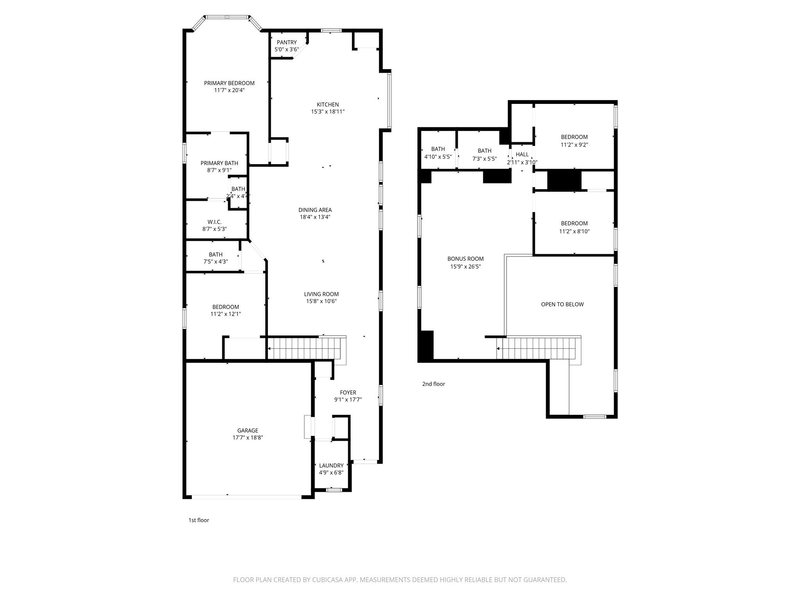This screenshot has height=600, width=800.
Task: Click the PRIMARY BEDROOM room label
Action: [x=229, y=83]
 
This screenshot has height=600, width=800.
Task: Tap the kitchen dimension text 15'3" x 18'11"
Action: [x=327, y=112]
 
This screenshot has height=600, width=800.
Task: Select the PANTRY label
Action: [x=286, y=42]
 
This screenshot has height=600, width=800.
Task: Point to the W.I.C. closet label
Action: [x=214, y=222]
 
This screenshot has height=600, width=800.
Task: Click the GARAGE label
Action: [x=248, y=430]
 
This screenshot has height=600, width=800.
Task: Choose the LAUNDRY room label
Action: [x=331, y=465]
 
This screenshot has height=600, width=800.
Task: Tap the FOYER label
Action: [x=348, y=393]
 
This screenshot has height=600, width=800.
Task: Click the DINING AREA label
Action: [x=315, y=210]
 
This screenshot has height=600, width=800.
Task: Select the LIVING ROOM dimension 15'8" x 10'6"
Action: [x=321, y=301]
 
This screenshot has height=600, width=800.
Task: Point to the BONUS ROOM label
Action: [x=465, y=259]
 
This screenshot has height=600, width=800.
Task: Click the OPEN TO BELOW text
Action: [x=562, y=304]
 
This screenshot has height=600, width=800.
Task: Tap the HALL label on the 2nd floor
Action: [x=522, y=154]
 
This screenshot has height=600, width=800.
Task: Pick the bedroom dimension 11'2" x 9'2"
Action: [x=574, y=145]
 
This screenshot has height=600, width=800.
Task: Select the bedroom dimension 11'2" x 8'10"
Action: [x=574, y=231]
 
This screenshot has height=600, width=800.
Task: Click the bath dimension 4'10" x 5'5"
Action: [x=438, y=157]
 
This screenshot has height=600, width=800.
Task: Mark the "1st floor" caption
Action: [x=198, y=520]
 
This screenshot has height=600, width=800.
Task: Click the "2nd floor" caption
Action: [x=433, y=384]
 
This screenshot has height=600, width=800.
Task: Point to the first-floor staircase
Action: [x=305, y=348]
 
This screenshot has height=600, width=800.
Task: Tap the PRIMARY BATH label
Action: [x=219, y=163]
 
